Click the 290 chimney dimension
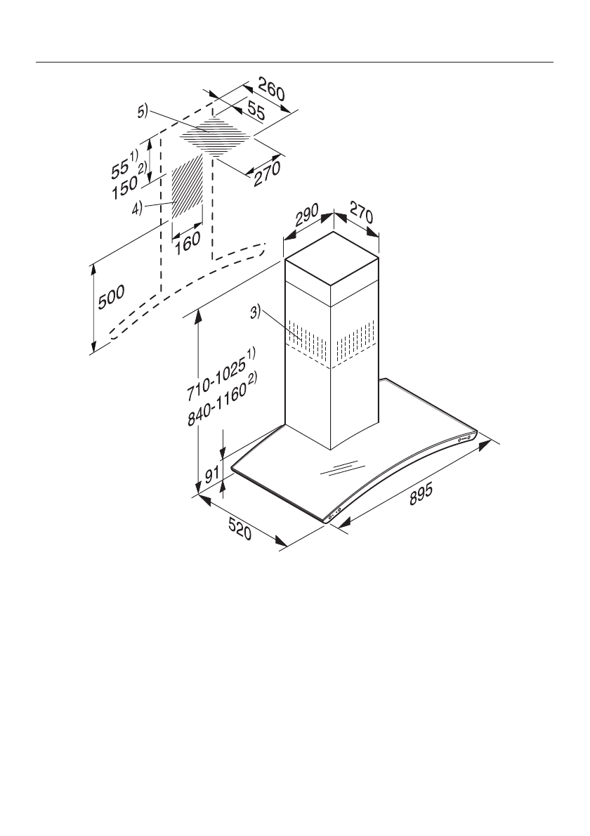click(x=307, y=215)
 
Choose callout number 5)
click(x=143, y=111)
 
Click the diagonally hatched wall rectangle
click(x=188, y=187)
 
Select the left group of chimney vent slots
click(x=307, y=341)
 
